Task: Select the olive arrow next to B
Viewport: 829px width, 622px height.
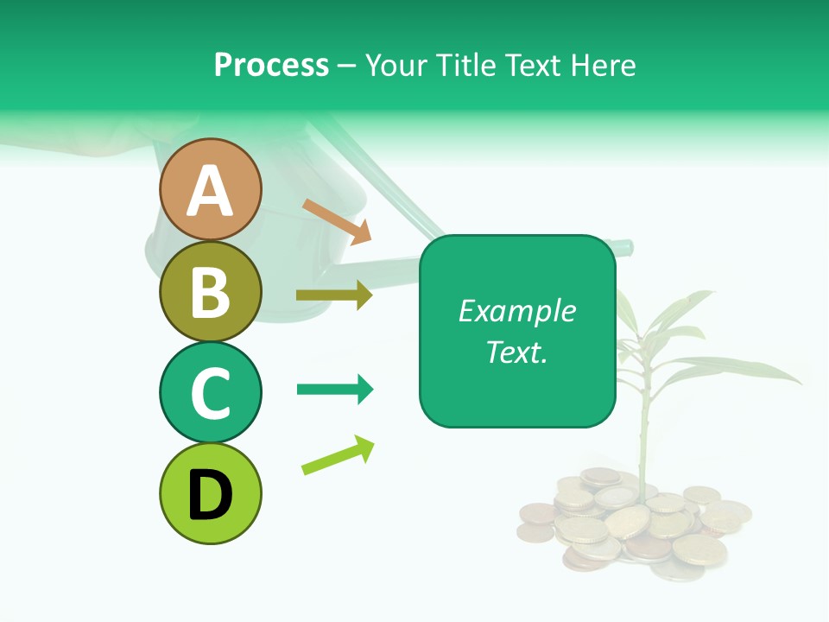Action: pos(334,295)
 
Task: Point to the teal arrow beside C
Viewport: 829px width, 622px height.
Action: pos(334,390)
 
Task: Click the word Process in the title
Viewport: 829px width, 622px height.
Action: pos(271,66)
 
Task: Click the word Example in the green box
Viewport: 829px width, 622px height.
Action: pos(516,311)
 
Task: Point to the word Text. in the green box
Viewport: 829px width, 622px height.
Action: pos(516,352)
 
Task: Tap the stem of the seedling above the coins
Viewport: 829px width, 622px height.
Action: pos(643,441)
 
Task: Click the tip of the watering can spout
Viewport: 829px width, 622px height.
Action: pos(628,247)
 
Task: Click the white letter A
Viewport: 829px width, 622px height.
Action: pos(210,191)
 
